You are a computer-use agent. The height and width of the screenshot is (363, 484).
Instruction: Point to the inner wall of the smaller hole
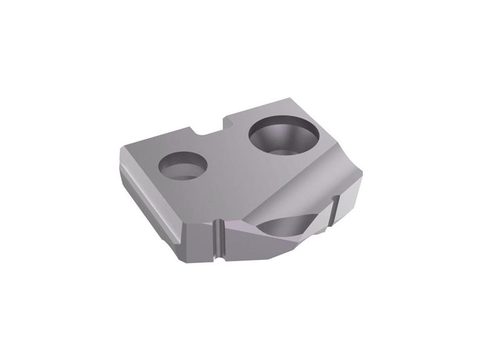pos(181,160)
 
